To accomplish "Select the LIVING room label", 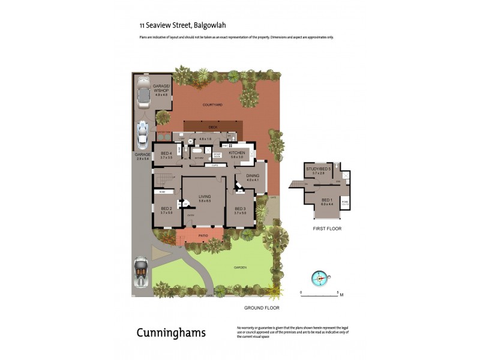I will tap(205, 198).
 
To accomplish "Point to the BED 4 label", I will tap(166, 155).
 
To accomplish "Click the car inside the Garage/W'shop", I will tap(145, 95).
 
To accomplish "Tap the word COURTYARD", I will tap(213, 105).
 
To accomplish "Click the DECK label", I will tap(212, 127).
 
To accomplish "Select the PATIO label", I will tap(203, 236).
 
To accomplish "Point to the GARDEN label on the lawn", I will tap(240, 268).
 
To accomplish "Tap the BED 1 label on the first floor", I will tap(326, 200).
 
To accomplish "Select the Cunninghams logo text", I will tap(171, 332).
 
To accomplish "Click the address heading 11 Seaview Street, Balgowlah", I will tap(178, 26).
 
